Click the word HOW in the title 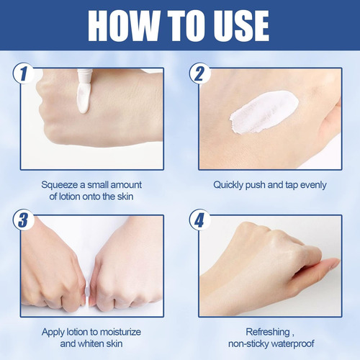124,26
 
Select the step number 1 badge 23,73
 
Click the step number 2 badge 199,73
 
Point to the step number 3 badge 23,220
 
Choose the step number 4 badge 199,220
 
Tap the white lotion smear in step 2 264,112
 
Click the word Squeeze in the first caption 60,185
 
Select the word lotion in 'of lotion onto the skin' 69,197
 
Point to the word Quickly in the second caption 228,185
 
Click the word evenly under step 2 313,185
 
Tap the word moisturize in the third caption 120,332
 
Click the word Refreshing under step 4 268,333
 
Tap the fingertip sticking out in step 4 333,264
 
